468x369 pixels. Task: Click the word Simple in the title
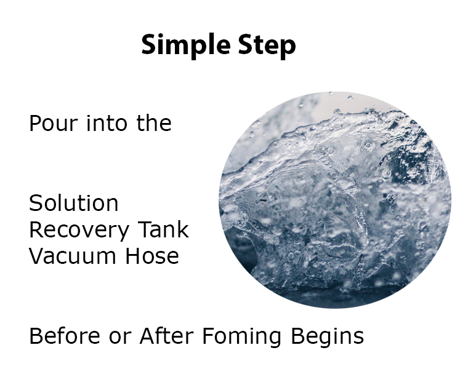pyautogui.click(x=185, y=46)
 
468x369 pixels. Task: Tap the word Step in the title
pyautogui.click(x=267, y=46)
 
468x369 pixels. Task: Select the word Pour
pyautogui.click(x=54, y=123)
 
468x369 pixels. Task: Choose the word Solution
pyautogui.click(x=74, y=203)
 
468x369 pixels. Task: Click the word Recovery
pyautogui.click(x=79, y=230)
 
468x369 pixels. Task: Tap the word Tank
pyautogui.click(x=163, y=229)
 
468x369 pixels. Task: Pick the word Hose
pyautogui.click(x=152, y=256)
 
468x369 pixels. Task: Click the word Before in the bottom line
pyautogui.click(x=65, y=336)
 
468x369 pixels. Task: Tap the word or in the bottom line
pyautogui.click(x=120, y=338)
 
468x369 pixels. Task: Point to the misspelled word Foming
pyautogui.click(x=241, y=336)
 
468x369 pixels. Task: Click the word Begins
pyautogui.click(x=327, y=336)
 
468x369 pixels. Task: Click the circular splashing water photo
pyautogui.click(x=335, y=200)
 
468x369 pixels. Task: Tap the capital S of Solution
pyautogui.click(x=35, y=203)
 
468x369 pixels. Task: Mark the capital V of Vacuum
pyautogui.click(x=36, y=256)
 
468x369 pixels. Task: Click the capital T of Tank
pyautogui.click(x=145, y=229)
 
